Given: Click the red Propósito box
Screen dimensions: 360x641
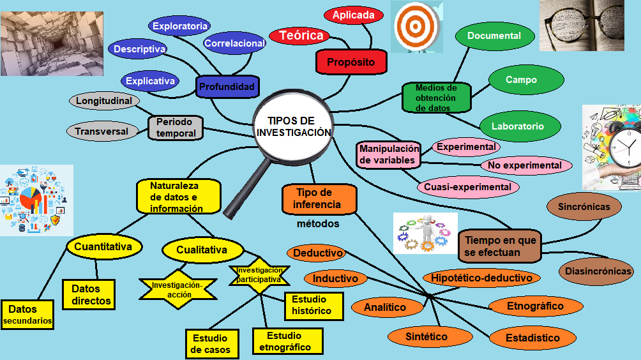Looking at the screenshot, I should click(x=351, y=62).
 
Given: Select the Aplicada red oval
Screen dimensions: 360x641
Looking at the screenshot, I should click(x=353, y=15).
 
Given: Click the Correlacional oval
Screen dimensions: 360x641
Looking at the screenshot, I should click(x=234, y=43).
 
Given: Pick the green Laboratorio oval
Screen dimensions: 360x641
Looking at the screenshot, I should click(x=517, y=126).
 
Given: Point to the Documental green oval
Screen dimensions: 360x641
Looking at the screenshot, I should click(x=494, y=36).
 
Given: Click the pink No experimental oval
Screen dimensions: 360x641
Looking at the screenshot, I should click(x=524, y=165).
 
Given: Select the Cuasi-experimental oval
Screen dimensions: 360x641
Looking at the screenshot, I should click(x=468, y=187).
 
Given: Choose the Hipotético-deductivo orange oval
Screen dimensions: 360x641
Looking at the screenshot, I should click(x=481, y=278).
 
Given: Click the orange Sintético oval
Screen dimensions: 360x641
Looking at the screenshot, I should click(x=426, y=336).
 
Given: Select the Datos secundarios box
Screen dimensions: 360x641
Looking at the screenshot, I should click(x=27, y=315).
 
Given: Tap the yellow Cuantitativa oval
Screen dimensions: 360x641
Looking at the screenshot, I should click(x=103, y=246).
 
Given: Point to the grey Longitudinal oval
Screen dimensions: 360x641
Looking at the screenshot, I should click(x=103, y=101).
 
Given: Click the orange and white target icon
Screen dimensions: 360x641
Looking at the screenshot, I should click(x=416, y=26).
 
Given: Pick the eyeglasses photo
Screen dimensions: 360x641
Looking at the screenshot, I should click(x=582, y=26).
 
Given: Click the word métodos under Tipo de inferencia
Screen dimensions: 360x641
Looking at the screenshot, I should click(x=318, y=224).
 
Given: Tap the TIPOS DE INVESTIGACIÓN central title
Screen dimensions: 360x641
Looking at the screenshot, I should click(x=293, y=126).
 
